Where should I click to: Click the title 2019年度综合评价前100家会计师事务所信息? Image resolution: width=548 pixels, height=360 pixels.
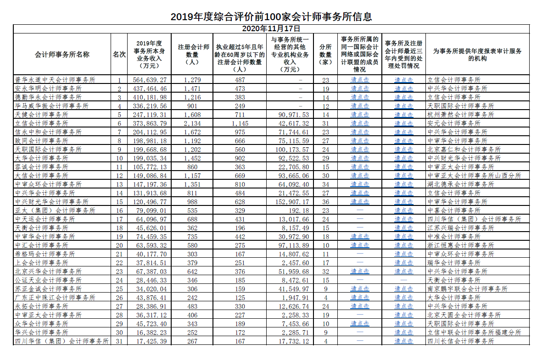click(271, 17)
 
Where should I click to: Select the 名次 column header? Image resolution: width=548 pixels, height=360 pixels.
click(119, 54)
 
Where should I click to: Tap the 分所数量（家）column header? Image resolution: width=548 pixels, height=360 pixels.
click(325, 54)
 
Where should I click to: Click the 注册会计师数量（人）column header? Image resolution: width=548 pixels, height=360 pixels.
click(194, 54)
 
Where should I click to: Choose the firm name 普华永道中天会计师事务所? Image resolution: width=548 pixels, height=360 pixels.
click(55, 80)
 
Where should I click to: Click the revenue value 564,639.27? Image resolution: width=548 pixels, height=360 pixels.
click(149, 80)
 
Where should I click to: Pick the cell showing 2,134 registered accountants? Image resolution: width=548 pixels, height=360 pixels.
click(192, 123)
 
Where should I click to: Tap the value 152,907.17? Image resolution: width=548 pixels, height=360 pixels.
click(290, 202)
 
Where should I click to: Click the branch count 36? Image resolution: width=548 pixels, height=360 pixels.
click(326, 202)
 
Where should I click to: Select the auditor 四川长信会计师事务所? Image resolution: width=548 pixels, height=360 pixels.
click(460, 341)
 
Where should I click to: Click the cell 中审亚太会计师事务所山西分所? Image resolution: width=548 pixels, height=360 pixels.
click(474, 176)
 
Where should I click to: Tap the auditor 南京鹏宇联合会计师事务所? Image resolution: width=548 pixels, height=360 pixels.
click(467, 289)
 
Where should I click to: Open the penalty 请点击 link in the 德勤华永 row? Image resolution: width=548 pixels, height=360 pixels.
click(404, 97)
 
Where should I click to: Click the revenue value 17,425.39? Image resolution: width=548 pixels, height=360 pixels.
click(149, 341)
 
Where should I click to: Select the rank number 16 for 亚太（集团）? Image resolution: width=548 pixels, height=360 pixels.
click(119, 210)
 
